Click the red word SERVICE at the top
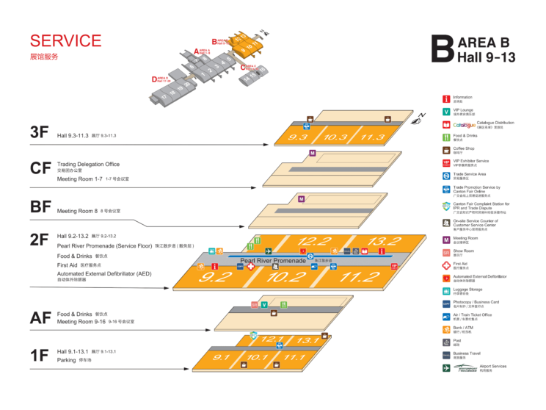click(x=65, y=41)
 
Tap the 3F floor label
click(x=40, y=132)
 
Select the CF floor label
click(x=40, y=168)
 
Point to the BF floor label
click(x=40, y=206)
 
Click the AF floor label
click(x=40, y=317)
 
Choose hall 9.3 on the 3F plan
click(x=298, y=137)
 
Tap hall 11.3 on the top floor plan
click(x=372, y=137)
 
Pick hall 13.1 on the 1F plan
click(x=307, y=340)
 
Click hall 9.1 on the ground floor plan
click(x=222, y=358)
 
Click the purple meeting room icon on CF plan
click(x=313, y=153)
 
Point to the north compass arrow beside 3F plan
click(x=422, y=115)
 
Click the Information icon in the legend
click(x=445, y=98)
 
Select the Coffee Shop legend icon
click(x=445, y=149)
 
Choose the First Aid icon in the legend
click(x=445, y=265)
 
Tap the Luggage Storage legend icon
click(x=445, y=290)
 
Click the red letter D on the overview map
click(x=154, y=79)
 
